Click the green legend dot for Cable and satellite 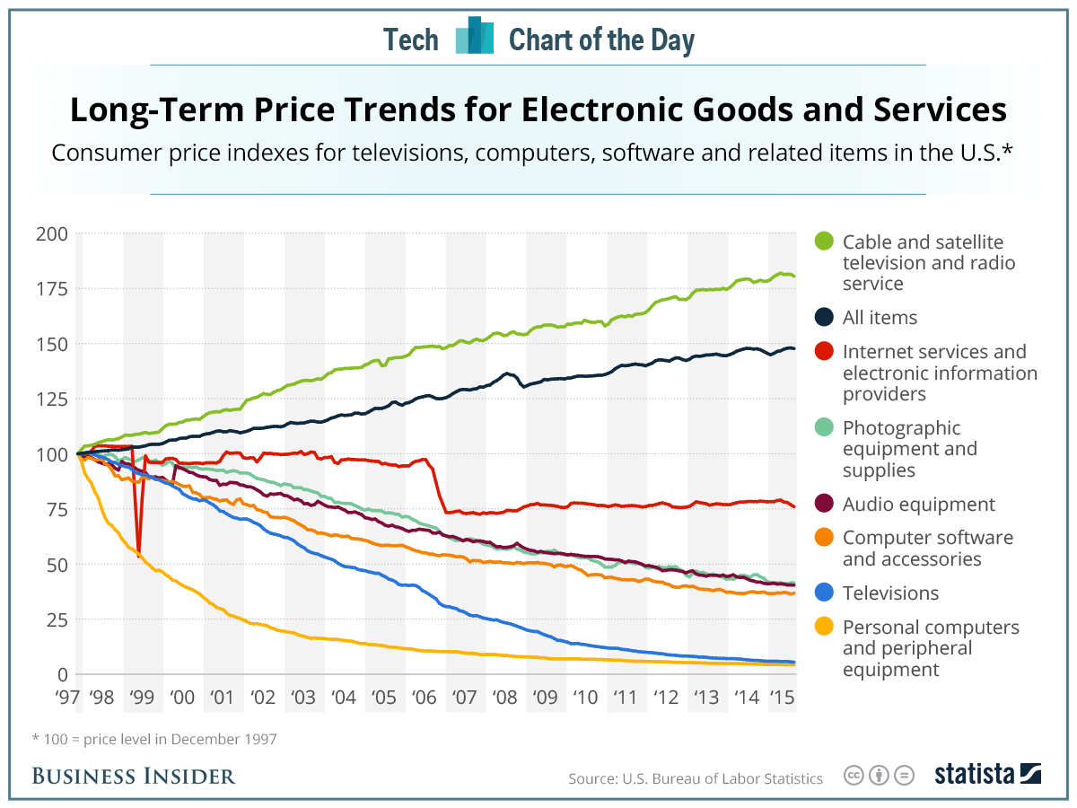[x=825, y=242]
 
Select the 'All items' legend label [x=880, y=318]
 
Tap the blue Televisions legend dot [x=825, y=593]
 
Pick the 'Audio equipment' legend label [x=918, y=505]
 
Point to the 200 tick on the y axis [x=52, y=234]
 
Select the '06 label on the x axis [x=421, y=697]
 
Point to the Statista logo [x=987, y=774]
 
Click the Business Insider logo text [x=134, y=776]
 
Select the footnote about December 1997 [x=154, y=740]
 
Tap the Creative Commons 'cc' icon [x=854, y=775]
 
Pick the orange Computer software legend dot [x=825, y=538]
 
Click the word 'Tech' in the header [x=411, y=40]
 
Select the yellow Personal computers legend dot [x=825, y=627]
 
